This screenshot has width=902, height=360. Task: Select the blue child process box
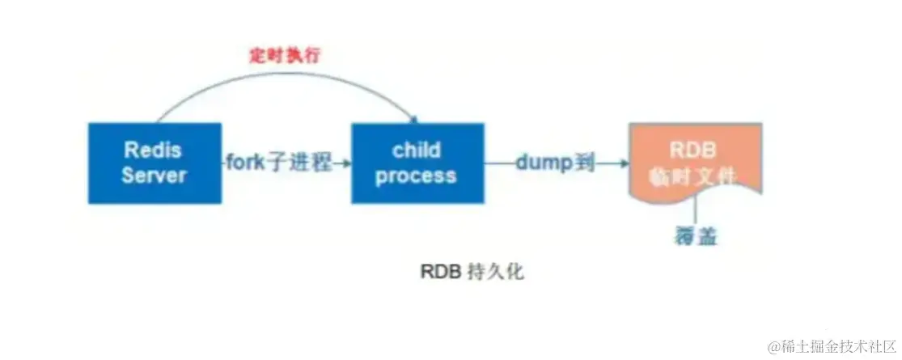click(417, 163)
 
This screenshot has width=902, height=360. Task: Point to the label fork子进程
click(279, 163)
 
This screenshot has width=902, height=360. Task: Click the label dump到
click(555, 163)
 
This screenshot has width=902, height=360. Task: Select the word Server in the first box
click(155, 175)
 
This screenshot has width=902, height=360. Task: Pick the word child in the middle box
click(416, 150)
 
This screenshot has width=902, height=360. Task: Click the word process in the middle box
click(416, 175)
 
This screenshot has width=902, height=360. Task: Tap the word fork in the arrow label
click(246, 163)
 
